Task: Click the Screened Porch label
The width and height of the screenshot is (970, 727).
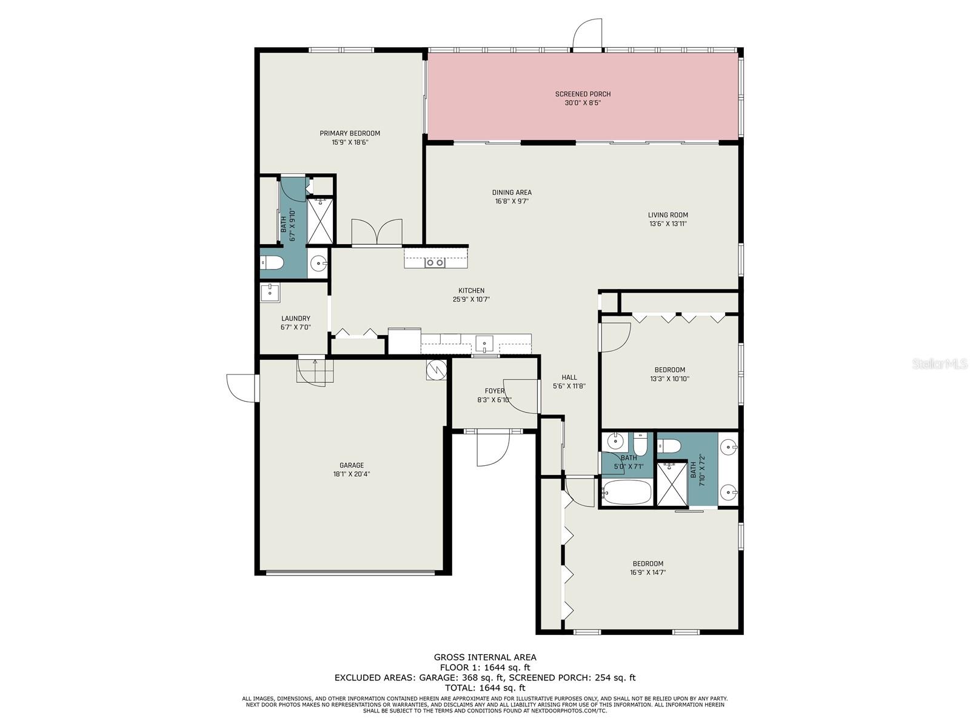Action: click(583, 94)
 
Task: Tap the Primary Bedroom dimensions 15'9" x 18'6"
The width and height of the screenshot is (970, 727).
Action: click(350, 142)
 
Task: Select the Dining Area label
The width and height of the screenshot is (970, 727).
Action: click(512, 193)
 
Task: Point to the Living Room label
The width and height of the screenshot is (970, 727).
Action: click(667, 214)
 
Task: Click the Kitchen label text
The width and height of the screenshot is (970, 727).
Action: click(471, 291)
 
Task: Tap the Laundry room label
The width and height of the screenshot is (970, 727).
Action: click(295, 319)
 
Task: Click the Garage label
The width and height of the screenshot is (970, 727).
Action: click(352, 465)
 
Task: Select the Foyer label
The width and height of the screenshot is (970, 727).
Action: click(494, 391)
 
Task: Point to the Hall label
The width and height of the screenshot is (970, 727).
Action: click(569, 377)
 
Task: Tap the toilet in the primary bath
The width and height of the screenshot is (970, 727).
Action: click(273, 263)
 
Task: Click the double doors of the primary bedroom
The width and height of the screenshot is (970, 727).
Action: click(376, 233)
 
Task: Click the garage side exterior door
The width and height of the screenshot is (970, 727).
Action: click(241, 388)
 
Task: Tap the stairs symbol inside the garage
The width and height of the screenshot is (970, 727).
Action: click(315, 370)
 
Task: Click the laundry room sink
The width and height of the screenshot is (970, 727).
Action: click(270, 293)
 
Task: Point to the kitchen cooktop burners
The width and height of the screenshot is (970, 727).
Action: click(435, 262)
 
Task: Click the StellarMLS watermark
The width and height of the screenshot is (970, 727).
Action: click(942, 364)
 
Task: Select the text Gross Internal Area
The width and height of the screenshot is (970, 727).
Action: click(484, 657)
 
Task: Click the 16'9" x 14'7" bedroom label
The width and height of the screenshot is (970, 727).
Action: click(648, 563)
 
